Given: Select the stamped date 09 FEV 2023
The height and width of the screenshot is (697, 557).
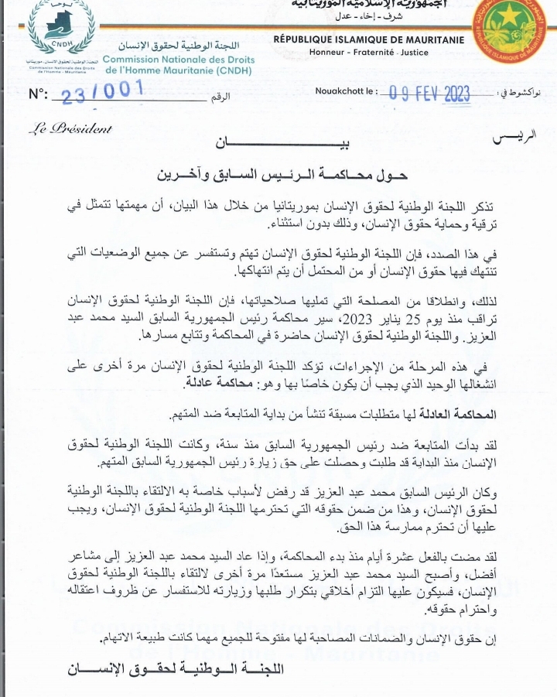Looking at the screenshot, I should (429, 94).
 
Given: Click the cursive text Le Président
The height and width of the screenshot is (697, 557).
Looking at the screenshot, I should (70, 129).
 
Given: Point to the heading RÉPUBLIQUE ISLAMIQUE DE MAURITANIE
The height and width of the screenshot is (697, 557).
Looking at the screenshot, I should (368, 39).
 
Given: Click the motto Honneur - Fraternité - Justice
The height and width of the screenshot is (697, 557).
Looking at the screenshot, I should (368, 52).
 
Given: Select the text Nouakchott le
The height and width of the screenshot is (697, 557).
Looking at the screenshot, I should (346, 92).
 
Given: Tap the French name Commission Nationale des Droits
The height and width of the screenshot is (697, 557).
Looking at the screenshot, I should (178, 59).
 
